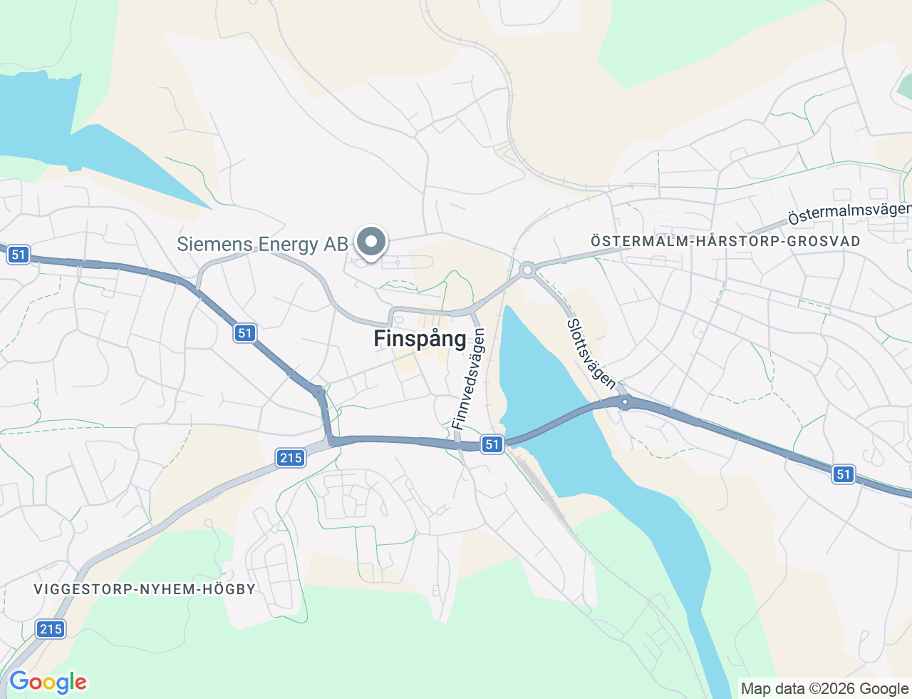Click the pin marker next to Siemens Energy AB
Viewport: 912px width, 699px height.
coord(370,242)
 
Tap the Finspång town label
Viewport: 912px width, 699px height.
coord(420,338)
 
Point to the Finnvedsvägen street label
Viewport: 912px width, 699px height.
coord(468,379)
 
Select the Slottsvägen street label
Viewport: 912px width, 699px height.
coord(591,354)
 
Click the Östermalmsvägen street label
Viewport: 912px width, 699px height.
coord(849,213)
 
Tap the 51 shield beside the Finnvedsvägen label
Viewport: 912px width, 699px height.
coord(492,444)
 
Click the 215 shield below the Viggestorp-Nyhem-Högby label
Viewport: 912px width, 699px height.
coord(51,628)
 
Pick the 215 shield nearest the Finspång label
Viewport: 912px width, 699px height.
coord(291,457)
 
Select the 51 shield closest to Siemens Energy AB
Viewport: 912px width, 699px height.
coord(245,333)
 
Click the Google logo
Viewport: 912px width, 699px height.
coord(48,683)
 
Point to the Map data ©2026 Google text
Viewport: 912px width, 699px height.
coord(824,688)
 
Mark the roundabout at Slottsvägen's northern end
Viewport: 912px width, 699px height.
coord(527,270)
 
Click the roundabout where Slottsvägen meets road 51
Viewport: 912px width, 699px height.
coord(625,402)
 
